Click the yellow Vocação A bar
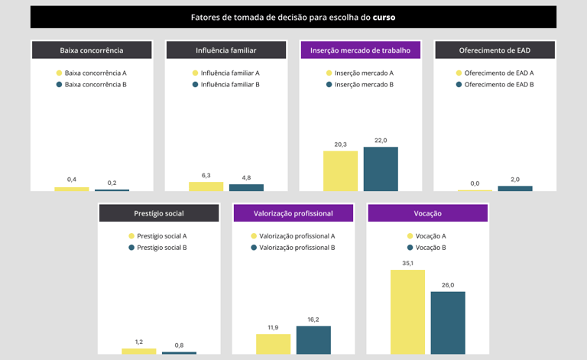pos(407,311)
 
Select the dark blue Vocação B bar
pos(448,322)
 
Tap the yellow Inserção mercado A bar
pos(340,170)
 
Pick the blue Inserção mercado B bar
pos(381,168)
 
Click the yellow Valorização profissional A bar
pos(273,343)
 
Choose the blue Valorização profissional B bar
pos(313,339)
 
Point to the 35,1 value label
pos(407,263)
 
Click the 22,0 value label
pos(381,141)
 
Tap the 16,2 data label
pos(313,319)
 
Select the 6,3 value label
pos(206,176)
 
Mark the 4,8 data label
pos(246,178)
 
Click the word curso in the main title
pos(384,17)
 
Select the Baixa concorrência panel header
pos(92,50)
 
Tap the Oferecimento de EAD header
pos(495,50)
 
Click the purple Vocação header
pos(428,213)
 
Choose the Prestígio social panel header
pos(159,213)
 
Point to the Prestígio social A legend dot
pos(131,236)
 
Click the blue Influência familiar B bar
pos(246,187)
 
